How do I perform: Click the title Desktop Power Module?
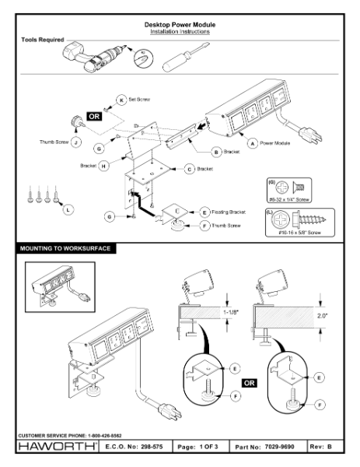pyautogui.click(x=180, y=24)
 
